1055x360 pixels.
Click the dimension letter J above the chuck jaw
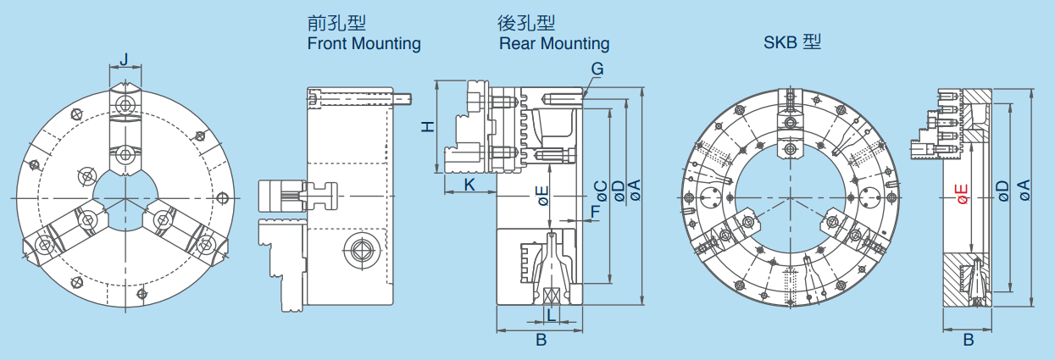[x=125, y=60]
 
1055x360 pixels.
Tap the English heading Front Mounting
[x=364, y=43]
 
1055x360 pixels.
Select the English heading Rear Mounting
[x=554, y=43]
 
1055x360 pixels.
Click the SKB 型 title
[x=792, y=42]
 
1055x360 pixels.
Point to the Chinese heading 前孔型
[x=336, y=23]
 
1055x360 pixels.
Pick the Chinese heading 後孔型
[x=526, y=23]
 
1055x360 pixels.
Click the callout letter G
[x=597, y=69]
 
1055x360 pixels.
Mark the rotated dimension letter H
[x=428, y=126]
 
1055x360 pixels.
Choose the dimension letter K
[x=469, y=185]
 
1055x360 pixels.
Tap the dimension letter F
[x=596, y=212]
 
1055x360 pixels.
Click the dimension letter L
[x=552, y=314]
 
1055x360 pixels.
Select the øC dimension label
[x=600, y=192]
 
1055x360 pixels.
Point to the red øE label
[x=963, y=193]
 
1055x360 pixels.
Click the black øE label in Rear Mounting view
[x=543, y=196]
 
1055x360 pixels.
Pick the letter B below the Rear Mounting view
[x=541, y=340]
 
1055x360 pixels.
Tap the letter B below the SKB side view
[x=969, y=340]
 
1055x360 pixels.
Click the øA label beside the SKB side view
[x=1024, y=190]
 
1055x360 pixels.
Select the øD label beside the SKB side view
[x=1003, y=191]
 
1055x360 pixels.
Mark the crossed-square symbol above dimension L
[x=551, y=296]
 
